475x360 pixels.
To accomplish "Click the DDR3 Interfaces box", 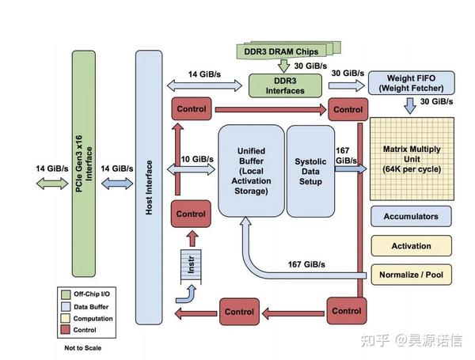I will pos(284,85).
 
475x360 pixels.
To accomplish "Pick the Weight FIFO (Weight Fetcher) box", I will pos(409,83).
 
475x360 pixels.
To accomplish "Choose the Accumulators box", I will pos(411,215).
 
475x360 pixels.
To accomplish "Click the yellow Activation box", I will pos(411,245).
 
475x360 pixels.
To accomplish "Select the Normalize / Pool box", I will pos(411,275).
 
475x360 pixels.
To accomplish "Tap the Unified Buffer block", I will pos(249,170).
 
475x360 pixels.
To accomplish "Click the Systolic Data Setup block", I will pos(310,170).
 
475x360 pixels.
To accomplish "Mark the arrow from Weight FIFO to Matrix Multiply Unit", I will pos(409,107).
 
